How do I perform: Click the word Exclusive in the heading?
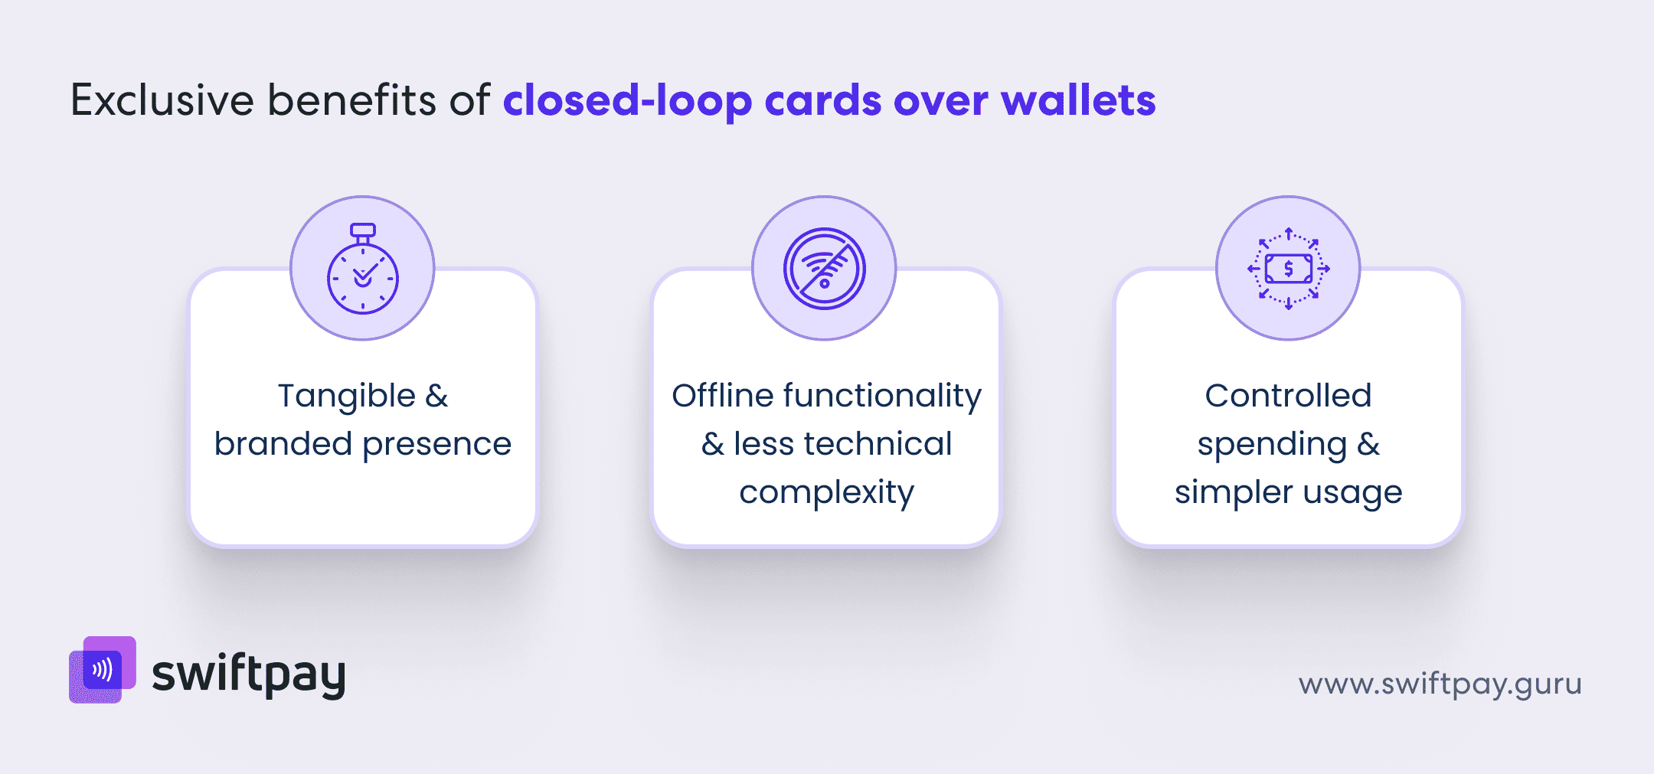coord(162,100)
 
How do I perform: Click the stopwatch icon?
coord(362,269)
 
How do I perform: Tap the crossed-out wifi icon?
coord(824,269)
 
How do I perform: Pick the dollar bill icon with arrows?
coord(1288,269)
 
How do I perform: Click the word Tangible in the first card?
coord(346,397)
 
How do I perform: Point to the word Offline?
coord(723,396)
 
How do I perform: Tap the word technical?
coord(881,444)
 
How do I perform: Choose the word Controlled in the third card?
coord(1288,396)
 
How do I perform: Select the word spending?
coord(1272,445)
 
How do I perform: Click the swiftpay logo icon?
coord(103,670)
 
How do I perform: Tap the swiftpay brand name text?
coord(249,674)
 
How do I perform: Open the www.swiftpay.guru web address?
coord(1440,684)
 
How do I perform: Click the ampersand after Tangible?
coord(436,397)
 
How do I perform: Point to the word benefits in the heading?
coord(351,100)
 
